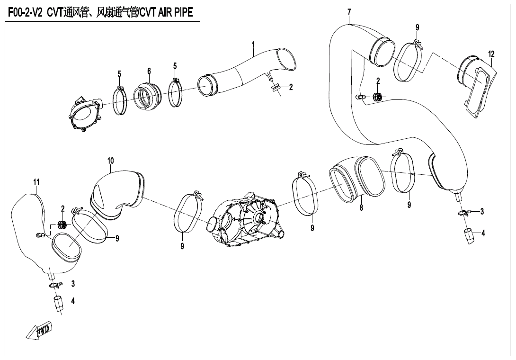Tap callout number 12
491,54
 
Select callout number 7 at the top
349,12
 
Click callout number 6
149,71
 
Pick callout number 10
111,161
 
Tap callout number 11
36,182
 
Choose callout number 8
361,208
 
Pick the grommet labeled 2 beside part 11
62,225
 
